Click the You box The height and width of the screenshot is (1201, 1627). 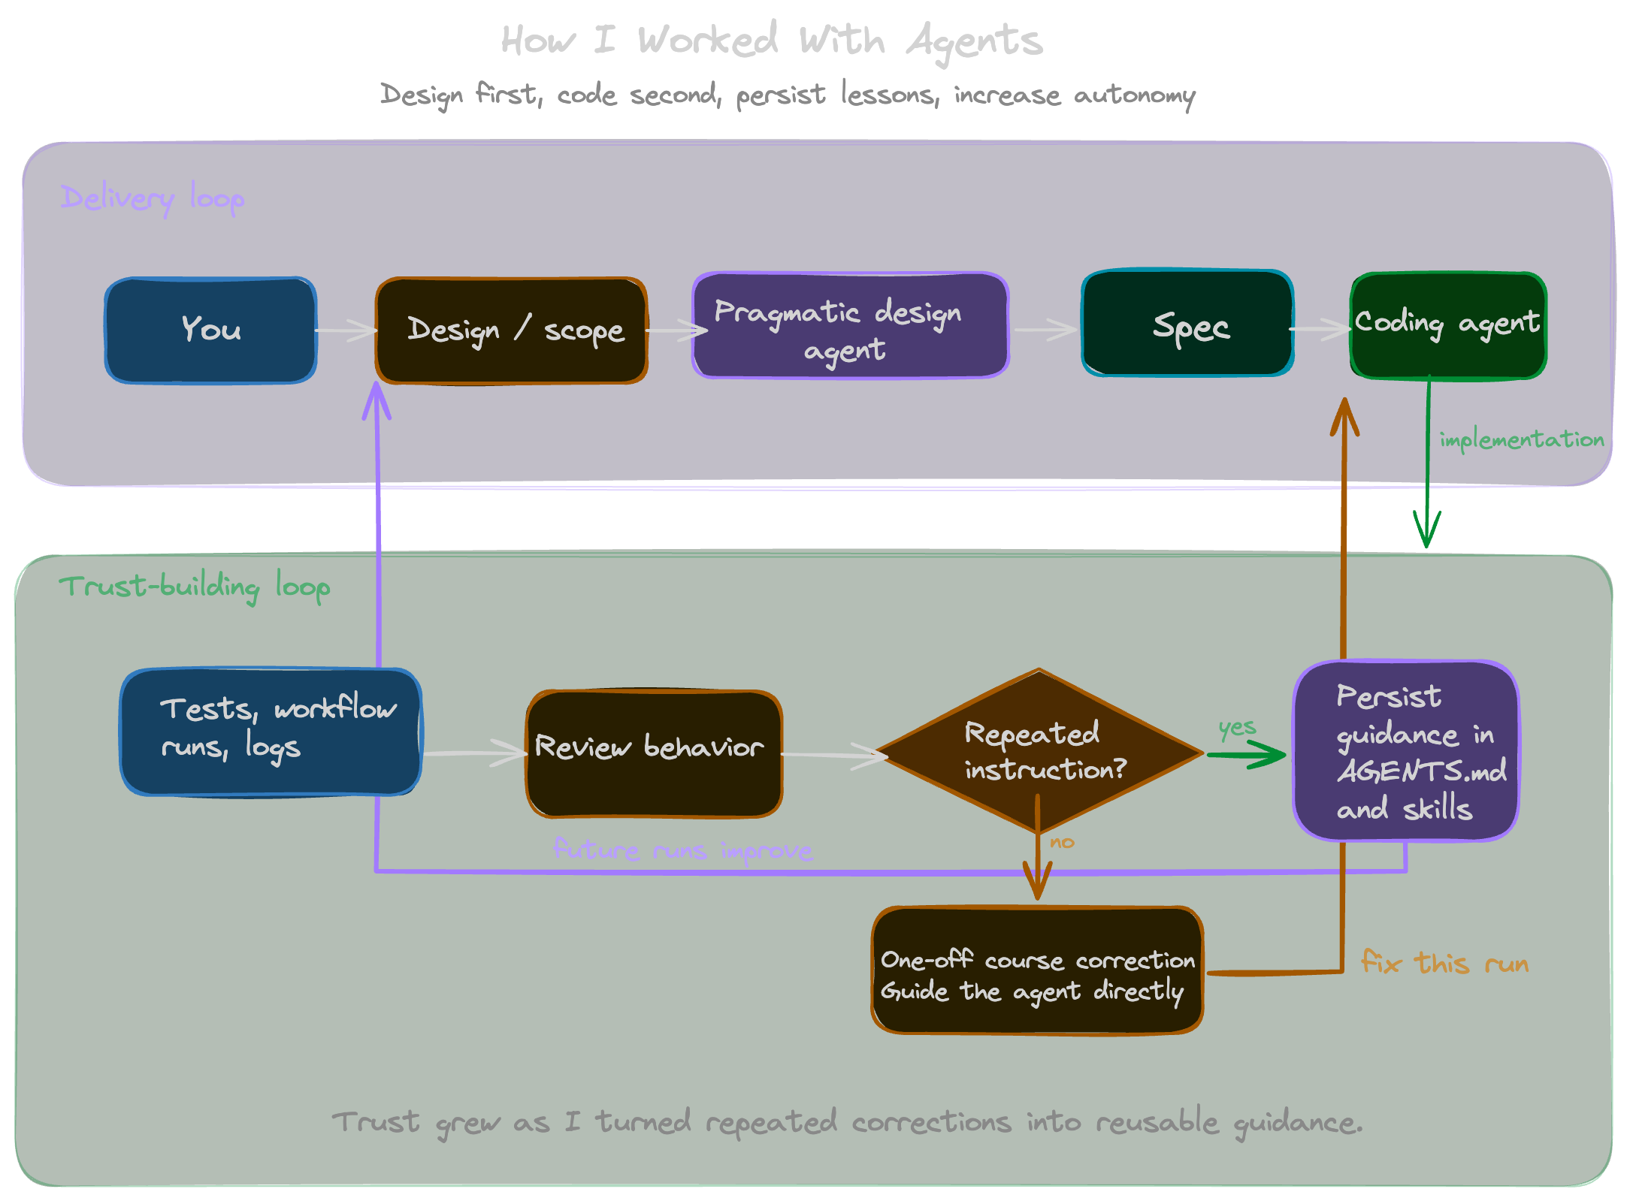(x=210, y=330)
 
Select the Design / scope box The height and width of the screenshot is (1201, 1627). (x=511, y=330)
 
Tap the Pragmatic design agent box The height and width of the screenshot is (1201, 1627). (x=850, y=326)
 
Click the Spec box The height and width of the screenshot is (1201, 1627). (x=1187, y=324)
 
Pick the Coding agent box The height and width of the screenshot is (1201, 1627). (x=1447, y=325)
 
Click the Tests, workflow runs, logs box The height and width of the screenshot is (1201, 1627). (x=271, y=731)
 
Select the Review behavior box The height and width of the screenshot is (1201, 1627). (x=654, y=753)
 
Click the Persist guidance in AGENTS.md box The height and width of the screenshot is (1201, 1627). (x=1405, y=751)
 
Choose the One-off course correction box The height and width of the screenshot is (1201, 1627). (x=1037, y=970)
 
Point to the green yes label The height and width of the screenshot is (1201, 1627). (x=1237, y=727)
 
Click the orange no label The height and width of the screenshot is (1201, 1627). (x=1062, y=843)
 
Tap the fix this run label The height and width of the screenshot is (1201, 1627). (x=1444, y=962)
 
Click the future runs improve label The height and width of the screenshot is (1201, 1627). (x=682, y=850)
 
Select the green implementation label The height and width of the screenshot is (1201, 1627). (x=1521, y=439)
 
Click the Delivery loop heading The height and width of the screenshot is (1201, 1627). (x=152, y=198)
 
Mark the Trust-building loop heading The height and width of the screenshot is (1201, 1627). (x=194, y=587)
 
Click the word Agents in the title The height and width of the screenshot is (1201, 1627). (x=974, y=41)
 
